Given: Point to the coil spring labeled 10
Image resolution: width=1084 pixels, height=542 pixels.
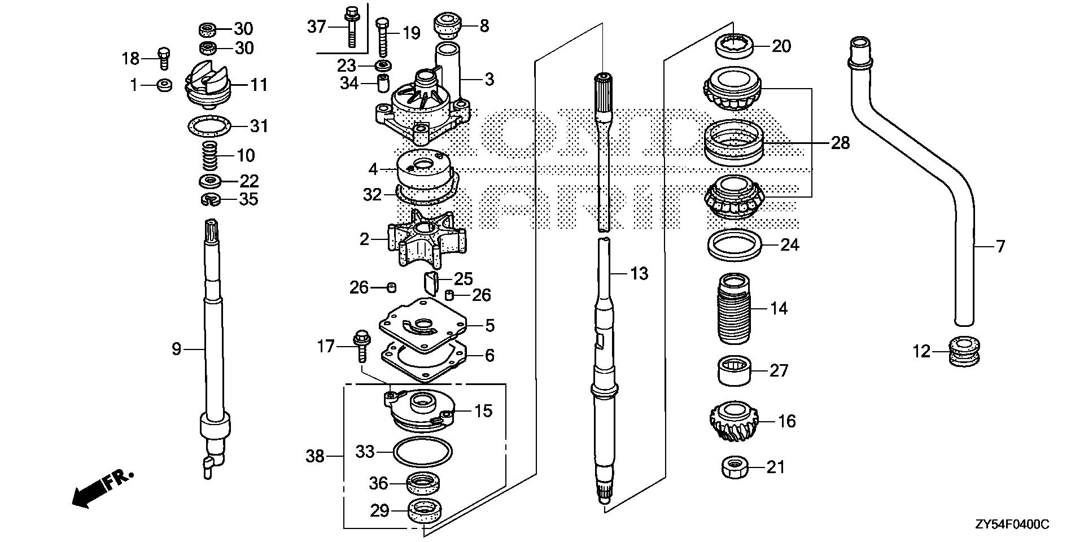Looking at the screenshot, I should coord(210,155).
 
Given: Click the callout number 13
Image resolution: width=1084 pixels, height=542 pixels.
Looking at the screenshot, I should coord(639,274).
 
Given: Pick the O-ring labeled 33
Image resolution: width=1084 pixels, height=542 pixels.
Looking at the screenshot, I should coord(423,451).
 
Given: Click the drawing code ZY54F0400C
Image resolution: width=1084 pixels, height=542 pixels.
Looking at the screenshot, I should coord(1012,525).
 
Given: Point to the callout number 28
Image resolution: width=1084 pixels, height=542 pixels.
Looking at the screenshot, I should coord(840,143).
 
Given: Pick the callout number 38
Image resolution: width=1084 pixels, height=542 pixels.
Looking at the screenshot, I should coord(315,456).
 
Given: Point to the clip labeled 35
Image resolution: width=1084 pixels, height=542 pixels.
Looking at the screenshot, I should coord(211,199).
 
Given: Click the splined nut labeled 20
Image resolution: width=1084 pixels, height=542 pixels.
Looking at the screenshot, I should coord(735,45).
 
